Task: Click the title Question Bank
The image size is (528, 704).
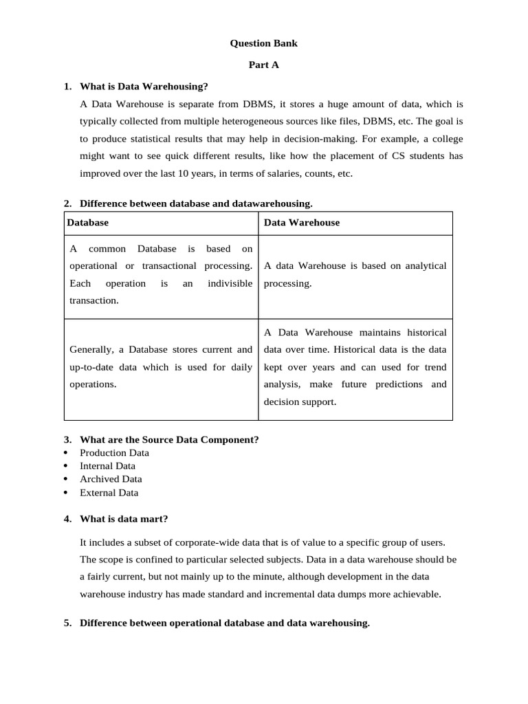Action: click(263, 43)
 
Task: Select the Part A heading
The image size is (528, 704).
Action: click(263, 65)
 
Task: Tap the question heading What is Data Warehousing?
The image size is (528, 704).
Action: click(143, 87)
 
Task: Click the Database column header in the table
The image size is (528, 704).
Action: click(87, 223)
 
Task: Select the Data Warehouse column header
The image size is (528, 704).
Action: click(301, 223)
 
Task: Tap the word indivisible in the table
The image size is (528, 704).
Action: click(230, 283)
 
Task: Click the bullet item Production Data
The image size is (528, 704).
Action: click(114, 453)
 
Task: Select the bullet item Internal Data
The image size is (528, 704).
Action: click(107, 466)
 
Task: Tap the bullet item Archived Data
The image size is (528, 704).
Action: click(111, 479)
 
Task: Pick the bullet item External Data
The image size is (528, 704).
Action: click(109, 493)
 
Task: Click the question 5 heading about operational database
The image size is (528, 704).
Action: click(224, 624)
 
